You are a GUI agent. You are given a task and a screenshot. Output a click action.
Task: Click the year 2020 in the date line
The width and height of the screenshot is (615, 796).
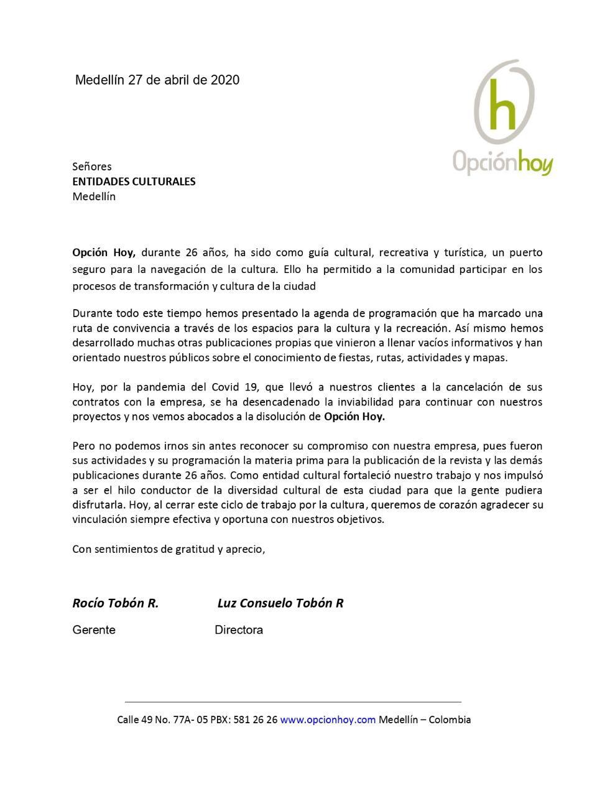point(225,80)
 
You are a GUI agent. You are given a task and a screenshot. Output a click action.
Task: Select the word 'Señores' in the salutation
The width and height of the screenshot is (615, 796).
point(92,167)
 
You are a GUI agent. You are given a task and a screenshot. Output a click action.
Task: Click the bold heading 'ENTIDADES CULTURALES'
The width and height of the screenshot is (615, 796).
point(134,182)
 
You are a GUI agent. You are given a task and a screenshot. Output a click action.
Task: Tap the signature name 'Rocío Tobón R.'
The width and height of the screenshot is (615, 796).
point(116,603)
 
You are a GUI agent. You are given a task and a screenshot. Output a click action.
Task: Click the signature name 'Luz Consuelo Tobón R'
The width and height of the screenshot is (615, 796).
point(280,603)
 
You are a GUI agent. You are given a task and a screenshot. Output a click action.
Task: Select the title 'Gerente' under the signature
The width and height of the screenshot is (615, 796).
point(94,630)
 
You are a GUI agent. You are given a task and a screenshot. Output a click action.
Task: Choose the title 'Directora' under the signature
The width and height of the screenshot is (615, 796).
point(239,630)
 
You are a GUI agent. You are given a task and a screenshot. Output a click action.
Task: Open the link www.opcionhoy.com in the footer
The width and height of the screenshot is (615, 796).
point(328,720)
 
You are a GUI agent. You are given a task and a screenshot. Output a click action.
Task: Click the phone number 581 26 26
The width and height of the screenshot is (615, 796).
point(255,720)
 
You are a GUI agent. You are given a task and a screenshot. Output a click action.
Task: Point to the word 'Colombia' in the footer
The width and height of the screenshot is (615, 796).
point(450,720)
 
